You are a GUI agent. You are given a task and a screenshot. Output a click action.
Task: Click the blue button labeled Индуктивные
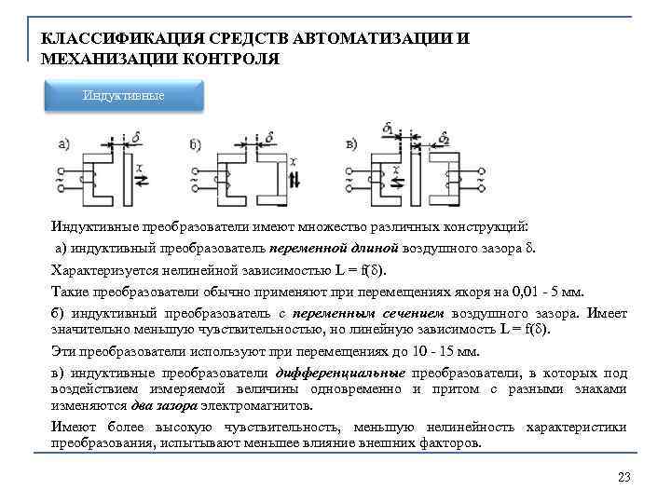click(x=124, y=96)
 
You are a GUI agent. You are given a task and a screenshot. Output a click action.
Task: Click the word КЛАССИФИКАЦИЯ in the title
click(x=102, y=39)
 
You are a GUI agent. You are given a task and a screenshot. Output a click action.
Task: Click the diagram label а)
click(x=64, y=143)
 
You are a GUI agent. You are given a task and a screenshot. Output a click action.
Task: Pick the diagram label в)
click(x=352, y=143)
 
